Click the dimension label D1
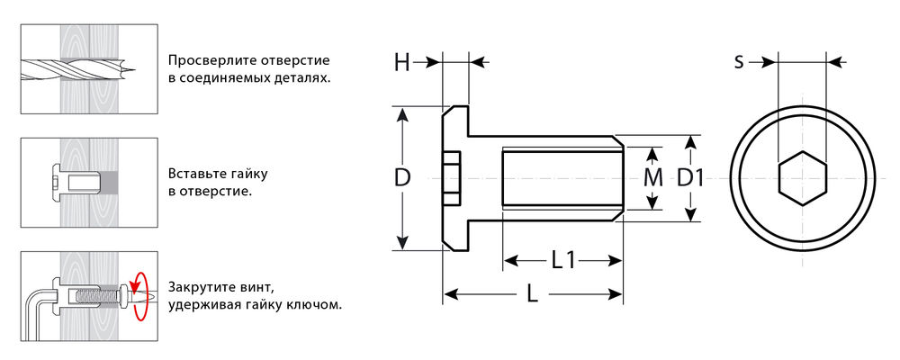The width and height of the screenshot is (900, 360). (x=690, y=178)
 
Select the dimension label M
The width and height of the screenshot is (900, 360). (x=653, y=178)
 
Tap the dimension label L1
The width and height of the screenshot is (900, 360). (x=563, y=261)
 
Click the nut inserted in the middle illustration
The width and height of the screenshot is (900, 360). (x=76, y=182)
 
